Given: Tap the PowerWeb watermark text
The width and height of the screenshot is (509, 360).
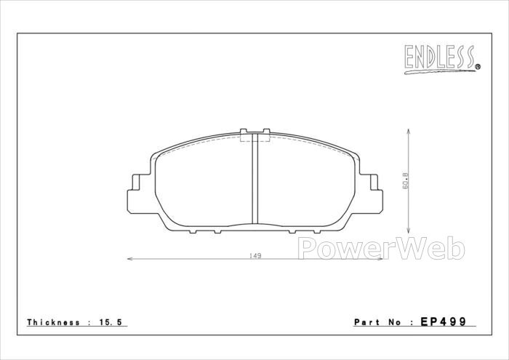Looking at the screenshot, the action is pyautogui.click(x=382, y=249).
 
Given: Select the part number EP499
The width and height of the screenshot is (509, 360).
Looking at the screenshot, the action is pyautogui.click(x=443, y=321).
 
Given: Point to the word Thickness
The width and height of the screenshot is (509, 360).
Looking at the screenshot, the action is pyautogui.click(x=53, y=322).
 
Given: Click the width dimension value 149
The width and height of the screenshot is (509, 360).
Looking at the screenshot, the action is pyautogui.click(x=255, y=256).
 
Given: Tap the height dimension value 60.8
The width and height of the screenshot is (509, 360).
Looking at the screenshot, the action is pyautogui.click(x=406, y=181).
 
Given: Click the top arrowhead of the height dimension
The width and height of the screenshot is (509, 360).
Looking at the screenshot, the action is pyautogui.click(x=408, y=131).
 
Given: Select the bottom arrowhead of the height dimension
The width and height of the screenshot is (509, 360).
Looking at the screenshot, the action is pyautogui.click(x=408, y=231).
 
